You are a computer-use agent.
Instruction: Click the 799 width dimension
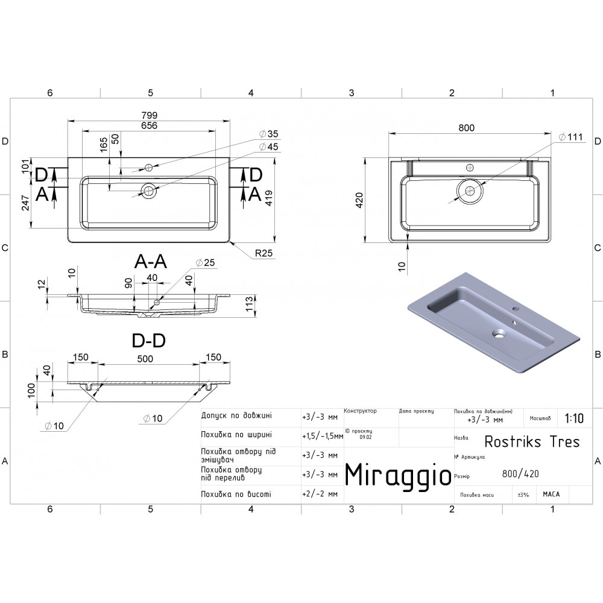(149, 115)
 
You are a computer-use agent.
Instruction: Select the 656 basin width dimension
(149, 125)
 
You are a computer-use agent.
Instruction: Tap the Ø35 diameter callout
(269, 134)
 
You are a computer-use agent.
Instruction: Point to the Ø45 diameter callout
(269, 147)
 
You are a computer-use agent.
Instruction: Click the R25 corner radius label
(264, 253)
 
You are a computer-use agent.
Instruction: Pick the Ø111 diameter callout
(570, 137)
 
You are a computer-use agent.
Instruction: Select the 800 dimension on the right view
(467, 128)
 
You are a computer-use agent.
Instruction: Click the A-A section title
(150, 262)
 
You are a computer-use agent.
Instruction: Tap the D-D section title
(149, 340)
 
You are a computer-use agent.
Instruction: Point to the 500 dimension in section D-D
(145, 359)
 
